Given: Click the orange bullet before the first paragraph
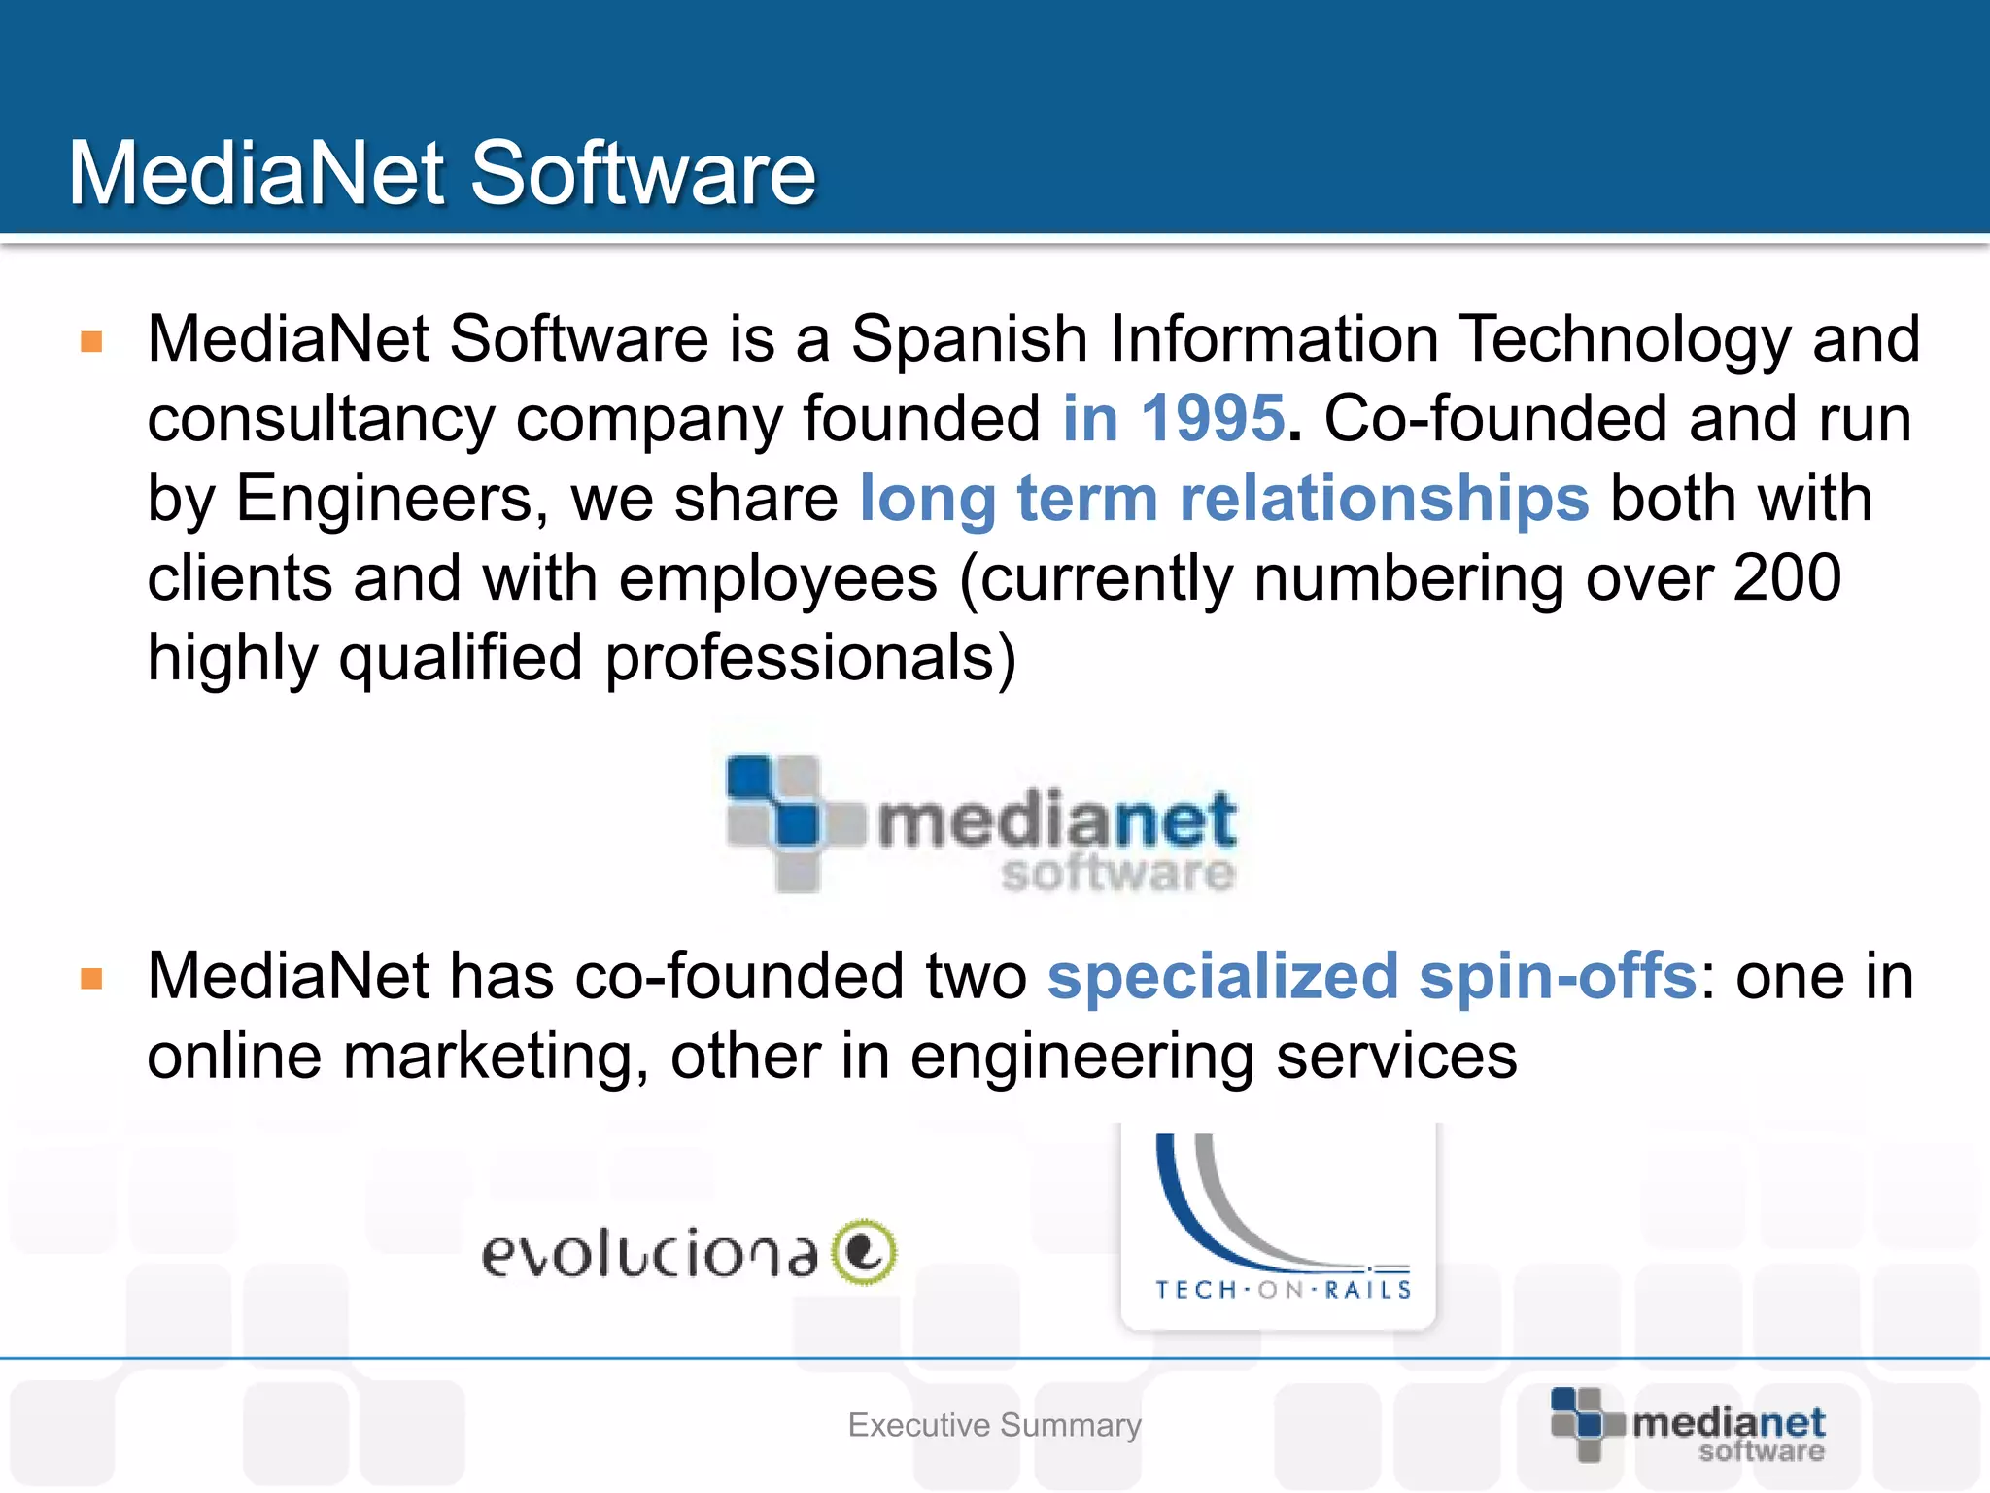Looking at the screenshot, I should tap(92, 341).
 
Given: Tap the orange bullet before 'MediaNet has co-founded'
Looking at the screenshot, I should tap(92, 978).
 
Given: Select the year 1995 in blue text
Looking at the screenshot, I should tap(1213, 419).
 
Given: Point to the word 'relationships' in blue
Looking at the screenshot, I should tap(1384, 499).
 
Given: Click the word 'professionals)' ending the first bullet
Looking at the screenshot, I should tap(810, 658).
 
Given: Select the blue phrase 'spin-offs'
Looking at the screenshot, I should tap(1558, 976).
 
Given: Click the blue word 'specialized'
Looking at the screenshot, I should tap(1222, 978).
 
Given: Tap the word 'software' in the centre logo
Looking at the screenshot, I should tap(1117, 872).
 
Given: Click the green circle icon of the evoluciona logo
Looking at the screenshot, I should tap(864, 1252).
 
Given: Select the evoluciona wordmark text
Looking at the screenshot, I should tap(649, 1254).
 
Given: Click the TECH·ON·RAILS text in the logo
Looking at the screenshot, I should tap(1283, 1290).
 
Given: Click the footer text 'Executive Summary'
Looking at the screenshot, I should tap(994, 1425).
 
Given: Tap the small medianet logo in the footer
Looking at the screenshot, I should tap(1689, 1426).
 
